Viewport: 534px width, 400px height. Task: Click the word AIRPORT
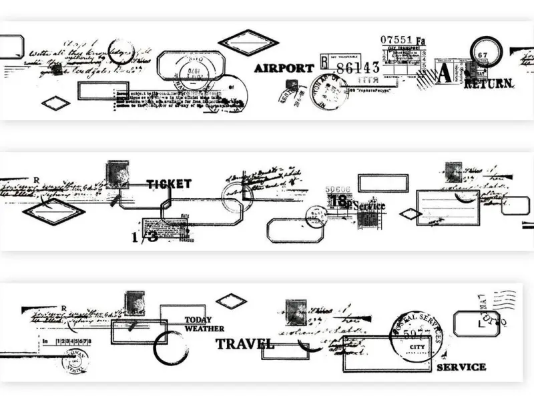pyautogui.click(x=284, y=68)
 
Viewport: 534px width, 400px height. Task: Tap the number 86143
pyautogui.click(x=358, y=67)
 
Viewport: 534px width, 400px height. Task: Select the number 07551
pyautogui.click(x=397, y=40)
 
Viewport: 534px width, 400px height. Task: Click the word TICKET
pyautogui.click(x=169, y=184)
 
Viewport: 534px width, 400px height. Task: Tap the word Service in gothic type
pyautogui.click(x=368, y=206)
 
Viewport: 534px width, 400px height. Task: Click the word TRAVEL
pyautogui.click(x=244, y=344)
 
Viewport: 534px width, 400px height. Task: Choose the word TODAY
pyautogui.click(x=198, y=319)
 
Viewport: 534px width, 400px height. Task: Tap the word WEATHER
pyautogui.click(x=204, y=329)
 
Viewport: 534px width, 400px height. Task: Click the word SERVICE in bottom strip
pyautogui.click(x=461, y=367)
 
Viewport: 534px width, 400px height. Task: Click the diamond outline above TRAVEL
pyautogui.click(x=231, y=301)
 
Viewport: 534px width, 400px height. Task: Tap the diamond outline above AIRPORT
pyautogui.click(x=248, y=42)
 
